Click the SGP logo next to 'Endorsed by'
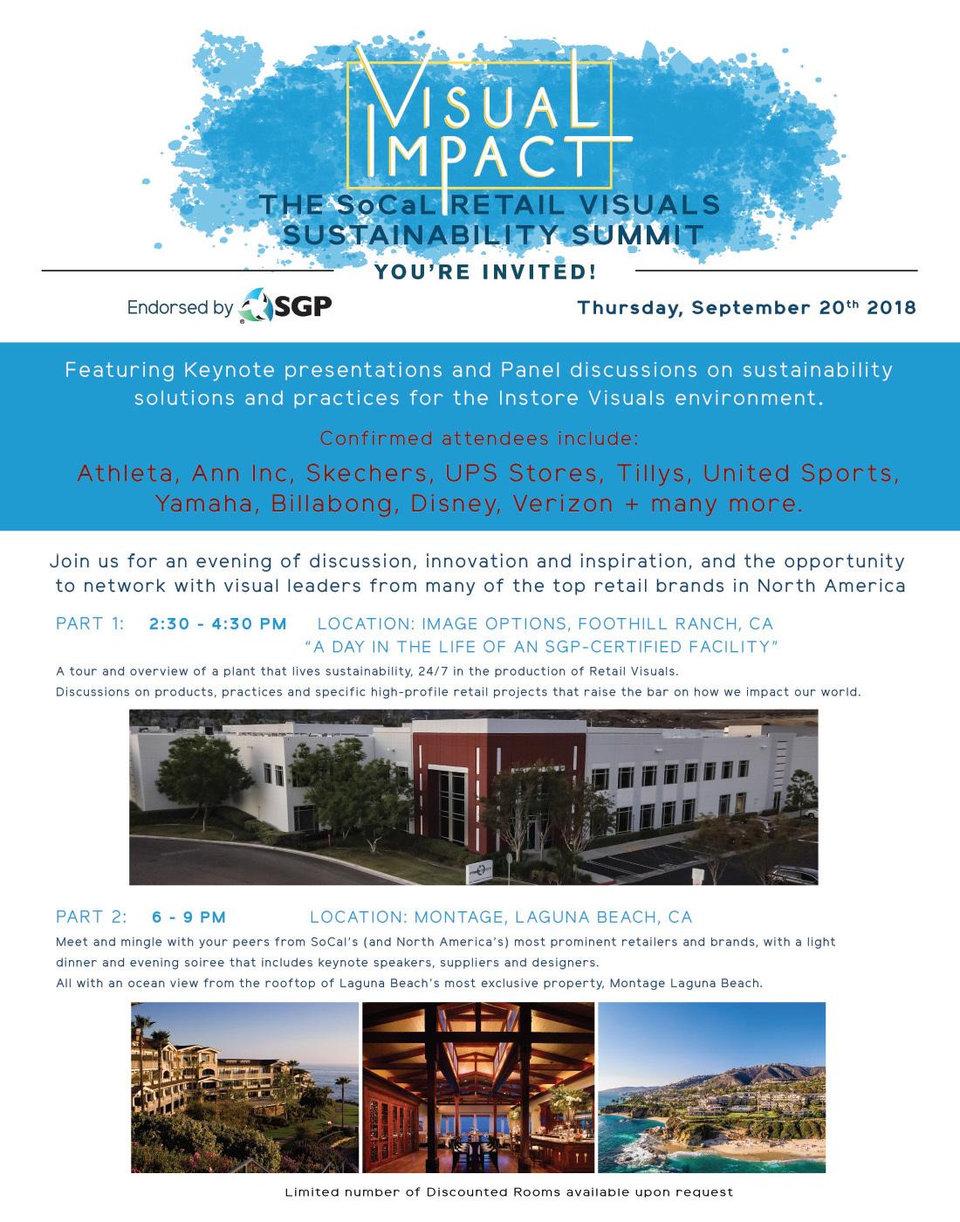click(285, 305)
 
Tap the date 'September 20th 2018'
click(804, 307)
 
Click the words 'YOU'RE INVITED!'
click(485, 272)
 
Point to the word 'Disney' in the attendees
click(455, 504)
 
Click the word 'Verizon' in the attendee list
click(562, 504)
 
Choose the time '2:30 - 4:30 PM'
click(218, 623)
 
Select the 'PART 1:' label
click(90, 623)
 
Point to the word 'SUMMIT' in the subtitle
click(637, 235)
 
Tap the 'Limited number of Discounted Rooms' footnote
click(509, 1191)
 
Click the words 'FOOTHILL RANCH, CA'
click(675, 623)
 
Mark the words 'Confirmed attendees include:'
click(479, 439)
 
